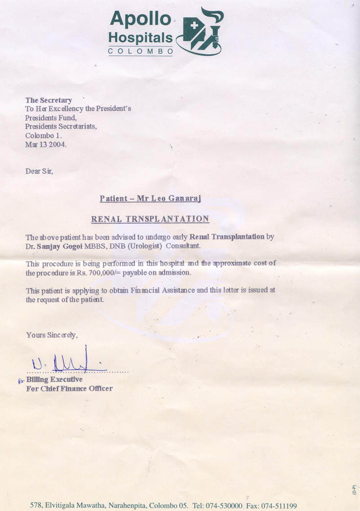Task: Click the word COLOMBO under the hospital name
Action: (140, 51)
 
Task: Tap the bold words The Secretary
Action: (48, 100)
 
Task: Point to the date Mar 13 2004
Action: (46, 144)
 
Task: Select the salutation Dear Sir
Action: (39, 171)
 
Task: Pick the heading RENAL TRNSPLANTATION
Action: (150, 219)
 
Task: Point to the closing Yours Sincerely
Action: (51, 335)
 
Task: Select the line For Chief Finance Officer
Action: (69, 389)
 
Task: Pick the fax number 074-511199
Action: (279, 506)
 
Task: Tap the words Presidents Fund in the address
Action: (51, 118)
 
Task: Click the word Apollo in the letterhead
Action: (140, 19)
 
